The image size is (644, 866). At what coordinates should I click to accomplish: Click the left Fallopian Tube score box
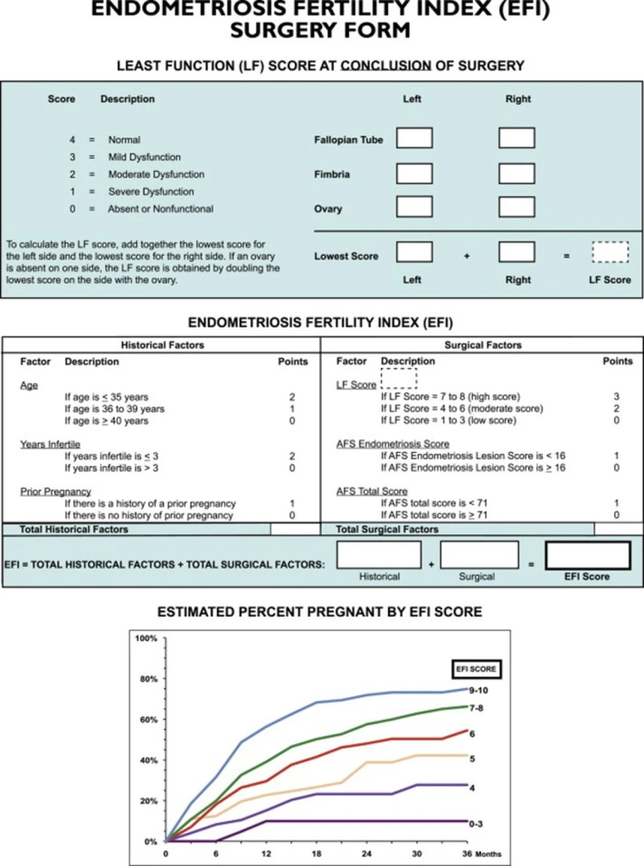[x=414, y=138]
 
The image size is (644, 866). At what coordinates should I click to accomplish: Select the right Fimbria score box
[x=516, y=173]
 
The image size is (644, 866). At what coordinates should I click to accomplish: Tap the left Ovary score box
[x=414, y=207]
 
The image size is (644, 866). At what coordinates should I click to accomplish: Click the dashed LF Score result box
[x=609, y=253]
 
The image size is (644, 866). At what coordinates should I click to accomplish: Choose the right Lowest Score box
[x=516, y=253]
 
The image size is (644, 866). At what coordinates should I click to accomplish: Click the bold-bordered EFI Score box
[x=587, y=556]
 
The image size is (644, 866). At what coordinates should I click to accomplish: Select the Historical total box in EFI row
[x=379, y=555]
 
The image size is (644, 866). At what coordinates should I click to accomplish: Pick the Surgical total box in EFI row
[x=479, y=555]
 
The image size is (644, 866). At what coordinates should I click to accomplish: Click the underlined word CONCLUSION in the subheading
[x=386, y=66]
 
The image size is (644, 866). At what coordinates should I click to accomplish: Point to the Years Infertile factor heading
[x=50, y=444]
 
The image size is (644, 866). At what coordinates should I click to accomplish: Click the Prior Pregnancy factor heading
[x=55, y=491]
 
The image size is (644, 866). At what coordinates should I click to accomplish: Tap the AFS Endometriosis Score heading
[x=392, y=444]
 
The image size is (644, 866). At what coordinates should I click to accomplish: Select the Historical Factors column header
[x=162, y=345]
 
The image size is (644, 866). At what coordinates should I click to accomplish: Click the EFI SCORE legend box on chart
[x=476, y=669]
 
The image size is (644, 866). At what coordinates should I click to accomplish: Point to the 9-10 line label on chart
[x=479, y=690]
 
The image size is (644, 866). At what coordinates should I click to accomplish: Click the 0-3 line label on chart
[x=476, y=824]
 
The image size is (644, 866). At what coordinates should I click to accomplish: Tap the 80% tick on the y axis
[x=148, y=679]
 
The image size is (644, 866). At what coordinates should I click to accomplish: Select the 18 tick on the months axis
[x=316, y=853]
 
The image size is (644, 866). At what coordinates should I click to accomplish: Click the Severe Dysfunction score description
[x=151, y=192]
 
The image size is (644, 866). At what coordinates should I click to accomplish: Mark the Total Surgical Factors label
[x=387, y=529]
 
